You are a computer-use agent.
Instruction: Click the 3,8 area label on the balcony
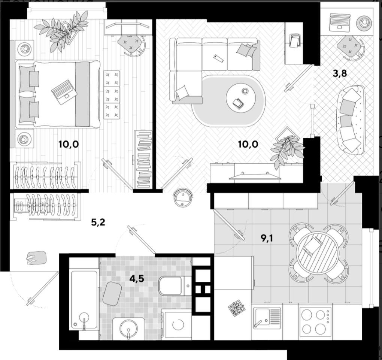340,73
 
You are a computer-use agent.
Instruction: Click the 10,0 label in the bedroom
69,144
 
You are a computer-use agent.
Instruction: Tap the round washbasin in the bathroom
128,329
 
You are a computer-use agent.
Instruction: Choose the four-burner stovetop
315,321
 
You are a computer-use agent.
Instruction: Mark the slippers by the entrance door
37,258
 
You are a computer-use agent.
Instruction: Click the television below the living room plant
255,176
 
